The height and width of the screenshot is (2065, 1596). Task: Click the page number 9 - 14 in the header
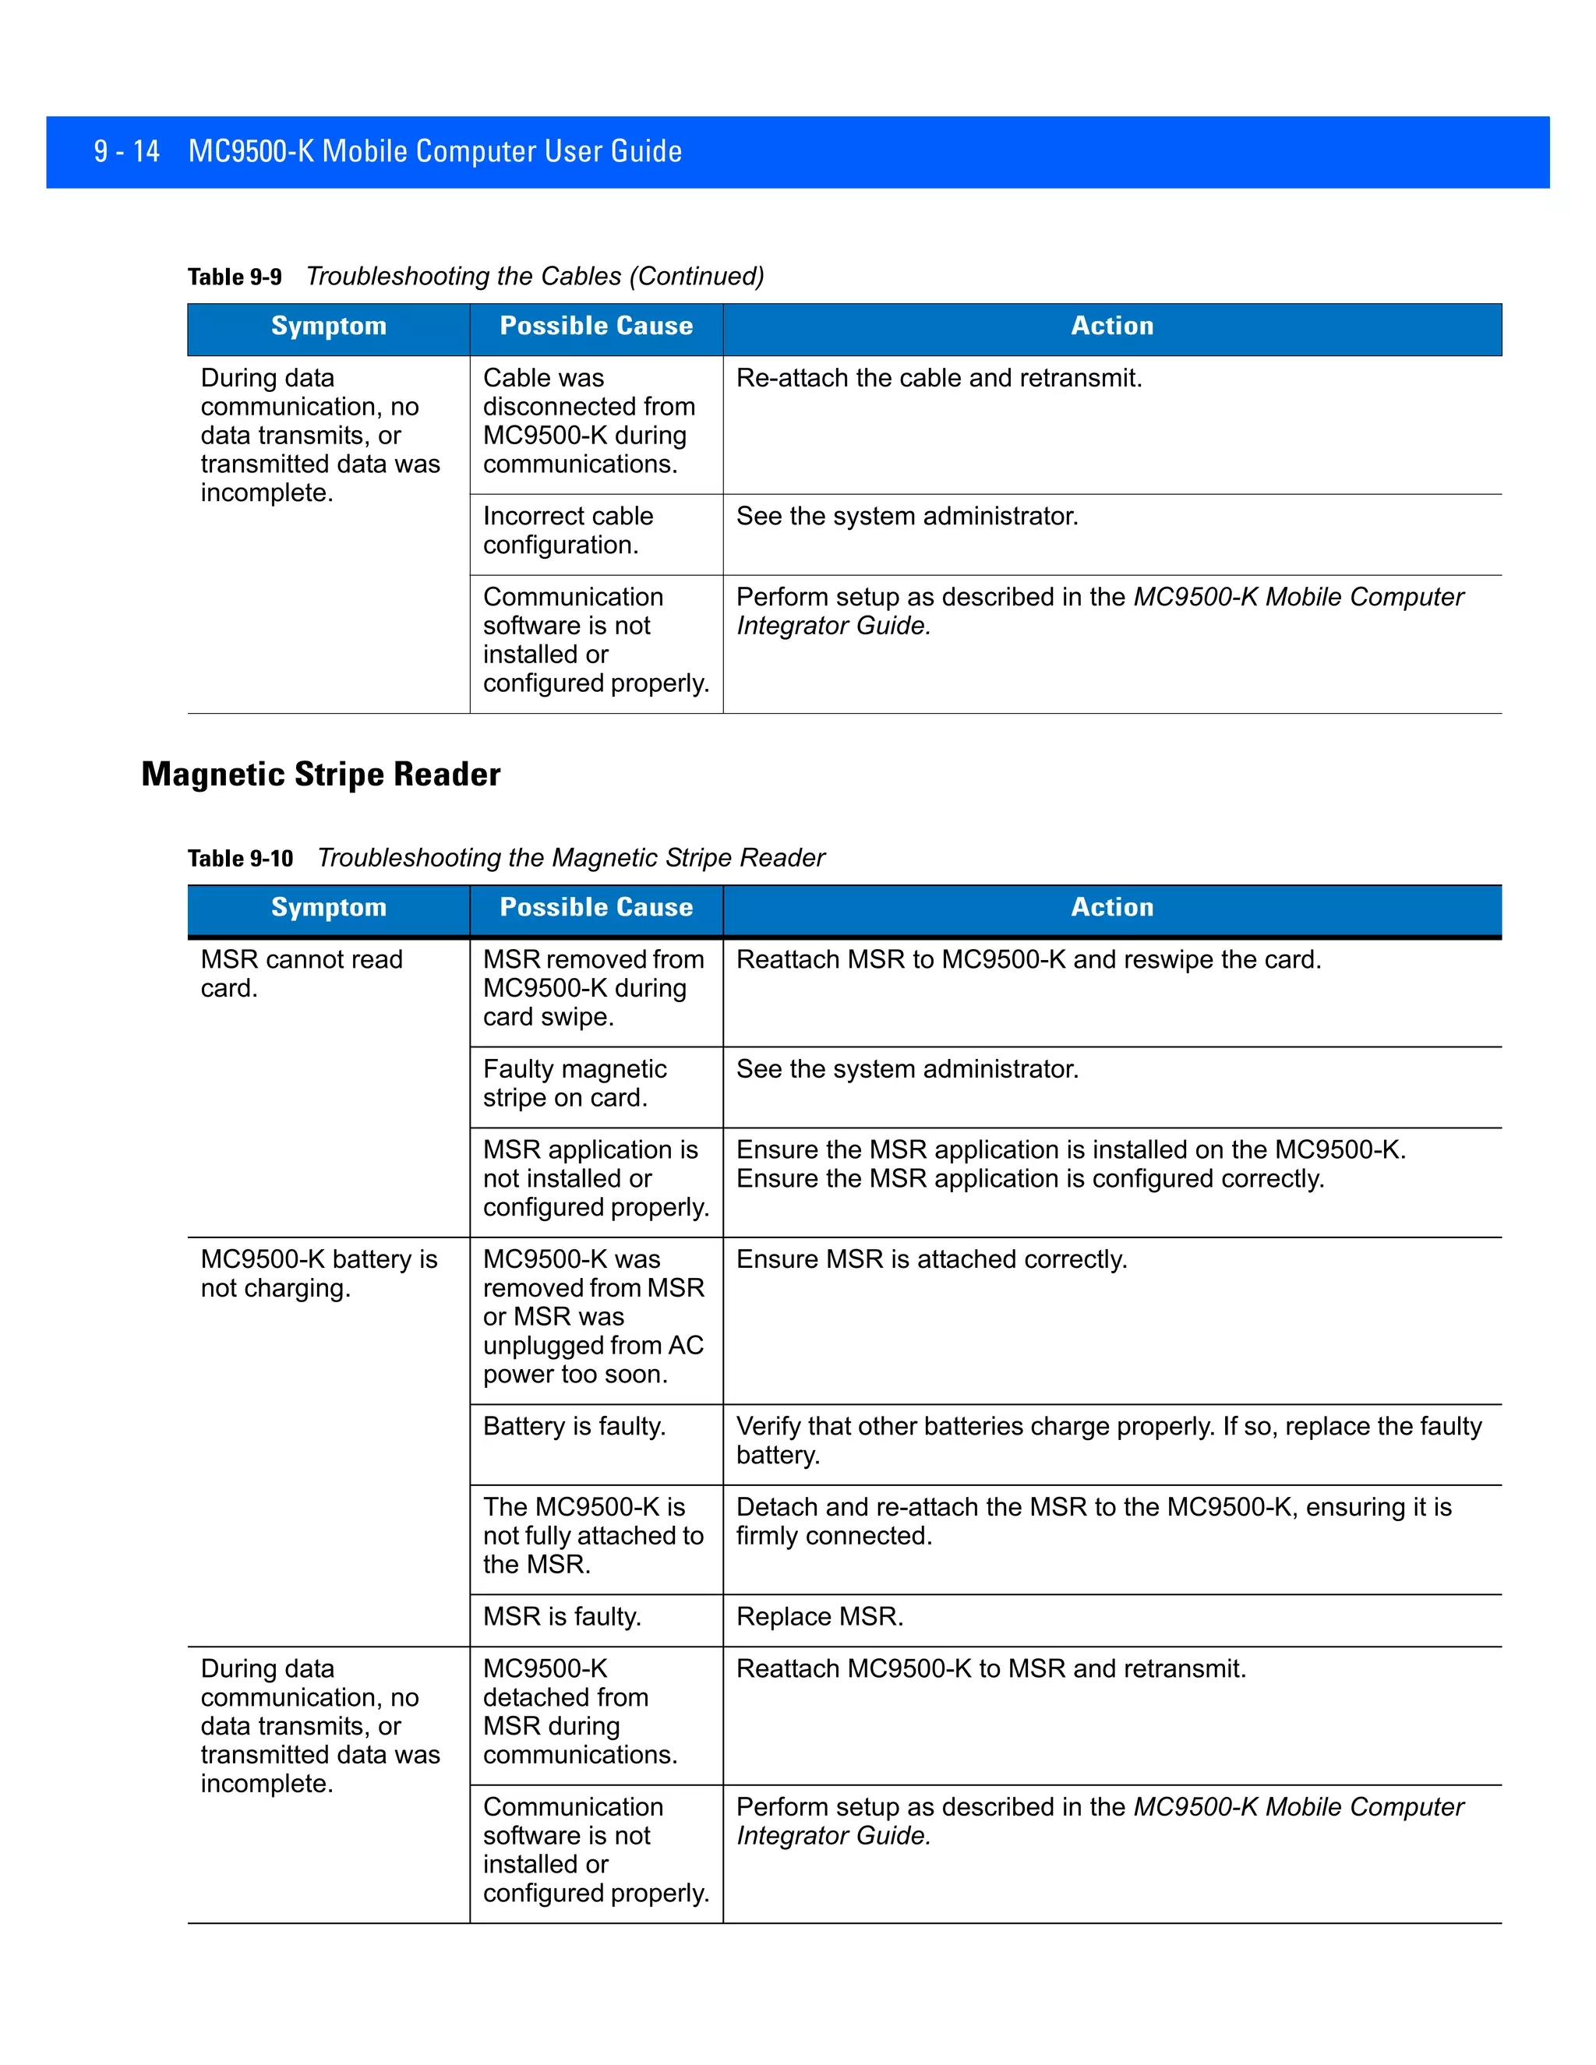[x=127, y=151]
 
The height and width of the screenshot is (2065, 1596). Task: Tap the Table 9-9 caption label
[x=235, y=277]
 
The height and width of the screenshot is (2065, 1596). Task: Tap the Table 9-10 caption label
[x=240, y=859]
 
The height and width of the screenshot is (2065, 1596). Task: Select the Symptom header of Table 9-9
[x=328, y=327]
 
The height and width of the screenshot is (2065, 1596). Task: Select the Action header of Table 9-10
[x=1112, y=908]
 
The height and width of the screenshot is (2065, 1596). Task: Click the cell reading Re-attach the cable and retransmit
[x=939, y=378]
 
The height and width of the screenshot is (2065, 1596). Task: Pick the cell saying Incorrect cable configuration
[x=568, y=531]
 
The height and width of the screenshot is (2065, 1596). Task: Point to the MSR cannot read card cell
[x=301, y=974]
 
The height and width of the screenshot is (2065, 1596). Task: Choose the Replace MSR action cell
[x=820, y=1617]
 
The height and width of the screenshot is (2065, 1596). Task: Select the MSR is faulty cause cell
[x=562, y=1617]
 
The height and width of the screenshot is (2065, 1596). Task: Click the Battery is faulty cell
[x=574, y=1426]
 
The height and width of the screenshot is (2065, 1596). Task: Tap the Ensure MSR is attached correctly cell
[x=931, y=1259]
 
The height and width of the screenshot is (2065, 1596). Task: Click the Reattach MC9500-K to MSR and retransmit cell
[x=991, y=1669]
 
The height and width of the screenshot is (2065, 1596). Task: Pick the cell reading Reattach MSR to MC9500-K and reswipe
[x=1028, y=960]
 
